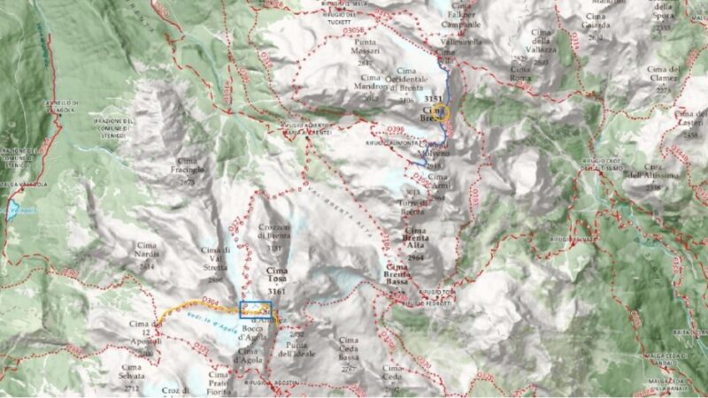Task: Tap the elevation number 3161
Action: pos(276,289)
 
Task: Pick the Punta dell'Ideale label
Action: pos(296,349)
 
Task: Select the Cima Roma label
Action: pos(519,78)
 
